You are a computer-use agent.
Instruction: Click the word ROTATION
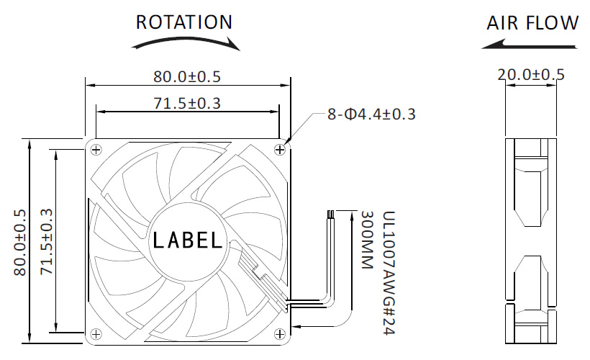(184, 22)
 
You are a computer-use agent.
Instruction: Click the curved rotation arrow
(186, 42)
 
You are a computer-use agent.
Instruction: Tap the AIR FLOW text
(532, 22)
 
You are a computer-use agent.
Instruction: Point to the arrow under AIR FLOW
(529, 45)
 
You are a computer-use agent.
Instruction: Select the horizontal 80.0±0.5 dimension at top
(187, 76)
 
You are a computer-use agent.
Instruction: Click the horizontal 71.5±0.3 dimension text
(187, 103)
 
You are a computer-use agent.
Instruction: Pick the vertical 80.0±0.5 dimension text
(20, 242)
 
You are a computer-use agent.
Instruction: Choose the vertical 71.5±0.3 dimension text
(47, 241)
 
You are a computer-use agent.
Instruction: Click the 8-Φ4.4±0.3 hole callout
(371, 114)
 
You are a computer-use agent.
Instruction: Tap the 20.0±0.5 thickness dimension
(531, 75)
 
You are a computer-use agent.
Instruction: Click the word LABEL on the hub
(188, 240)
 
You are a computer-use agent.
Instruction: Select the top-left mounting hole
(96, 150)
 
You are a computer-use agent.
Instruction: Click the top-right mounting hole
(280, 150)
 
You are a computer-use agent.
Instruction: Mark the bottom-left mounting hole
(96, 333)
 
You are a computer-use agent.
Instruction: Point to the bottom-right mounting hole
(280, 333)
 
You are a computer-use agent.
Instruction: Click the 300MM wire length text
(367, 240)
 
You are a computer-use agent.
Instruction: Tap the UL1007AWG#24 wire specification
(389, 273)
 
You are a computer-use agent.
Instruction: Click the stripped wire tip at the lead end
(331, 215)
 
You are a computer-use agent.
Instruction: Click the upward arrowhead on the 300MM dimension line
(352, 216)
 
